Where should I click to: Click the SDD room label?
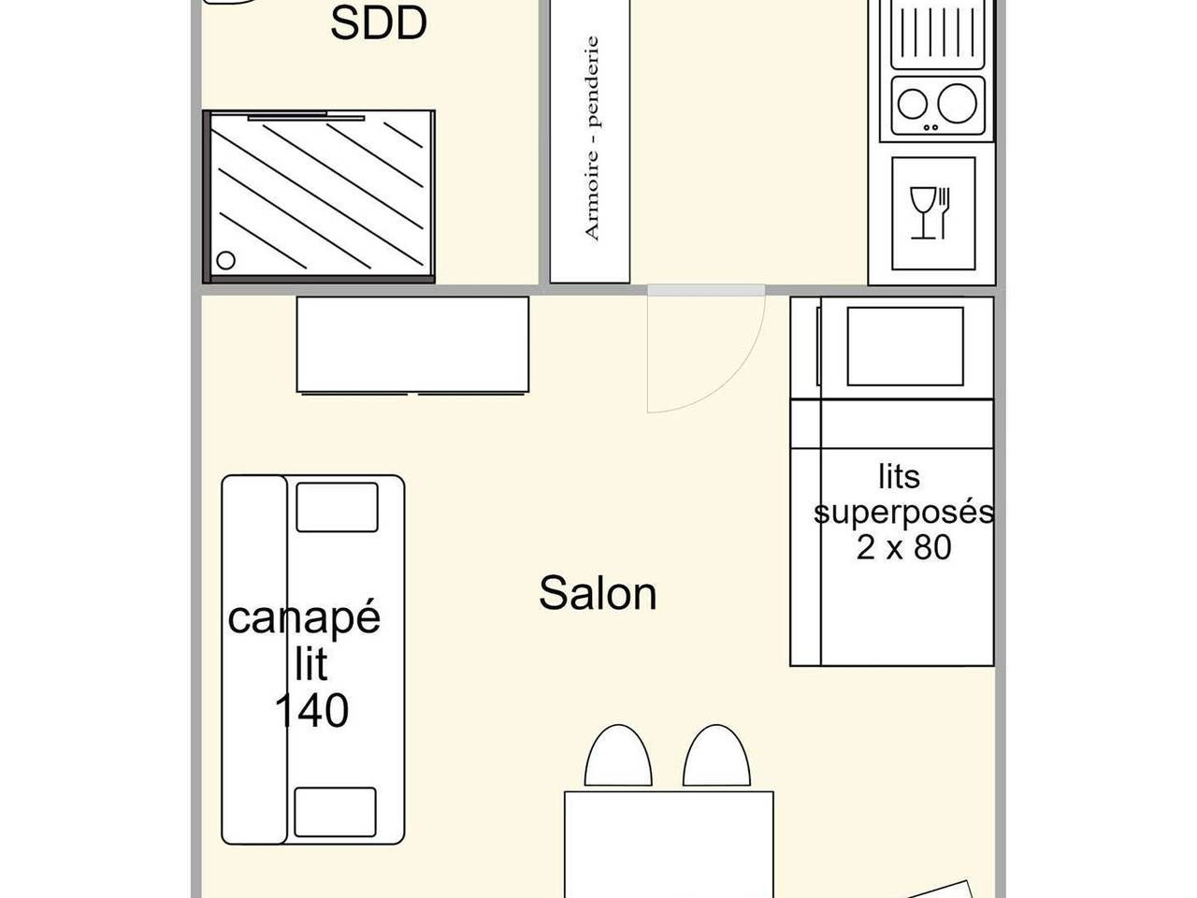click(379, 23)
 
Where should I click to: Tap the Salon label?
click(598, 593)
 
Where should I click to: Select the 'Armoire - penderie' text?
click(590, 138)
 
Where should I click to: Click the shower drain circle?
click(225, 260)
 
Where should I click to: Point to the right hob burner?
click(957, 102)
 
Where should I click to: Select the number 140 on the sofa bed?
click(311, 711)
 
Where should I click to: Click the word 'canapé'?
click(304, 618)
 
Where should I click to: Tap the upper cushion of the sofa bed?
click(337, 507)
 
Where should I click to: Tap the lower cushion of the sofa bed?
click(336, 812)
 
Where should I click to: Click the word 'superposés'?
click(903, 513)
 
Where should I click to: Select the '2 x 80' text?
click(903, 546)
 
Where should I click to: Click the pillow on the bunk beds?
click(903, 346)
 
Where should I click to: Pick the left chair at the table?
click(618, 756)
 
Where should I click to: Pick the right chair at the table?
click(717, 756)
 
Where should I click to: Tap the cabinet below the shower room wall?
click(412, 344)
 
